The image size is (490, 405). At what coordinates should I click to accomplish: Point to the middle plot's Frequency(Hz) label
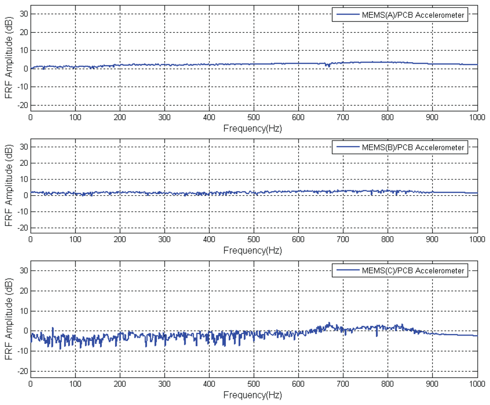(253, 250)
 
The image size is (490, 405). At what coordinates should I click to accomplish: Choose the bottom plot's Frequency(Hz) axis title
(253, 394)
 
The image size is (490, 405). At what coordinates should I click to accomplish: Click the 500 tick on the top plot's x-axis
(253, 117)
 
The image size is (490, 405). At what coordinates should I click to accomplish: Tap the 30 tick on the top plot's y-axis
(23, 14)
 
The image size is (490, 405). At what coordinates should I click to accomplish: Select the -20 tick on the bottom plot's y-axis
(21, 372)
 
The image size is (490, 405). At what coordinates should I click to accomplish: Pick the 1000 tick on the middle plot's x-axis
(477, 240)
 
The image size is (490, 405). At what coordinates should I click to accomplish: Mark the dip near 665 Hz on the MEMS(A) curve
(327, 65)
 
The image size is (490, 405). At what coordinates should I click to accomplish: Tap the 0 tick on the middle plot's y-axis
(25, 196)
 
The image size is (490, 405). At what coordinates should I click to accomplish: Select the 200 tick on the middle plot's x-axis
(120, 240)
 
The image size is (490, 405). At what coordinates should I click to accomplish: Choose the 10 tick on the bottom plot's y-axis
(23, 311)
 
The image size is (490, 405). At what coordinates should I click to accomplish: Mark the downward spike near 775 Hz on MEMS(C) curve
(377, 336)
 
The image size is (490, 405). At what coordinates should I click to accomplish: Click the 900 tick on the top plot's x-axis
(432, 117)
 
